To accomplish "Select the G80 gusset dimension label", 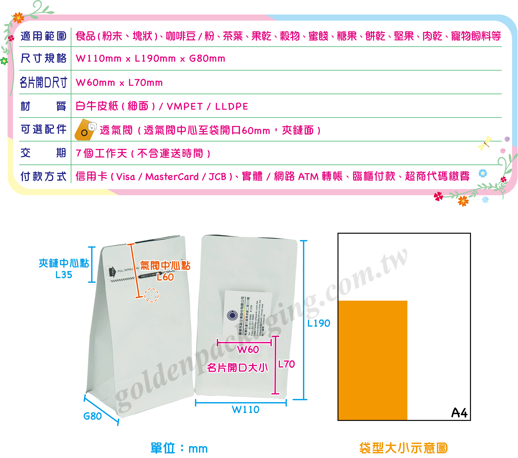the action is (x=93, y=416).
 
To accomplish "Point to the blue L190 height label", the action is (x=319, y=323).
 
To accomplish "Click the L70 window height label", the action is (x=286, y=364).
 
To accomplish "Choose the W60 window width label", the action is (x=248, y=350).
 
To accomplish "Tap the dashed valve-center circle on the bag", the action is (x=152, y=295).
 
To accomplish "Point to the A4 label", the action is (x=459, y=413).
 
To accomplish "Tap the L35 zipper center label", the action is (x=64, y=275).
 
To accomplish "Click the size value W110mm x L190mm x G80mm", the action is (x=151, y=58).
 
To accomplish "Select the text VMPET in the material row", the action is (x=185, y=106).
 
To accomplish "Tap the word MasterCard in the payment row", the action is (x=172, y=177).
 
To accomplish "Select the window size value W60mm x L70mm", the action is (x=119, y=83).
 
